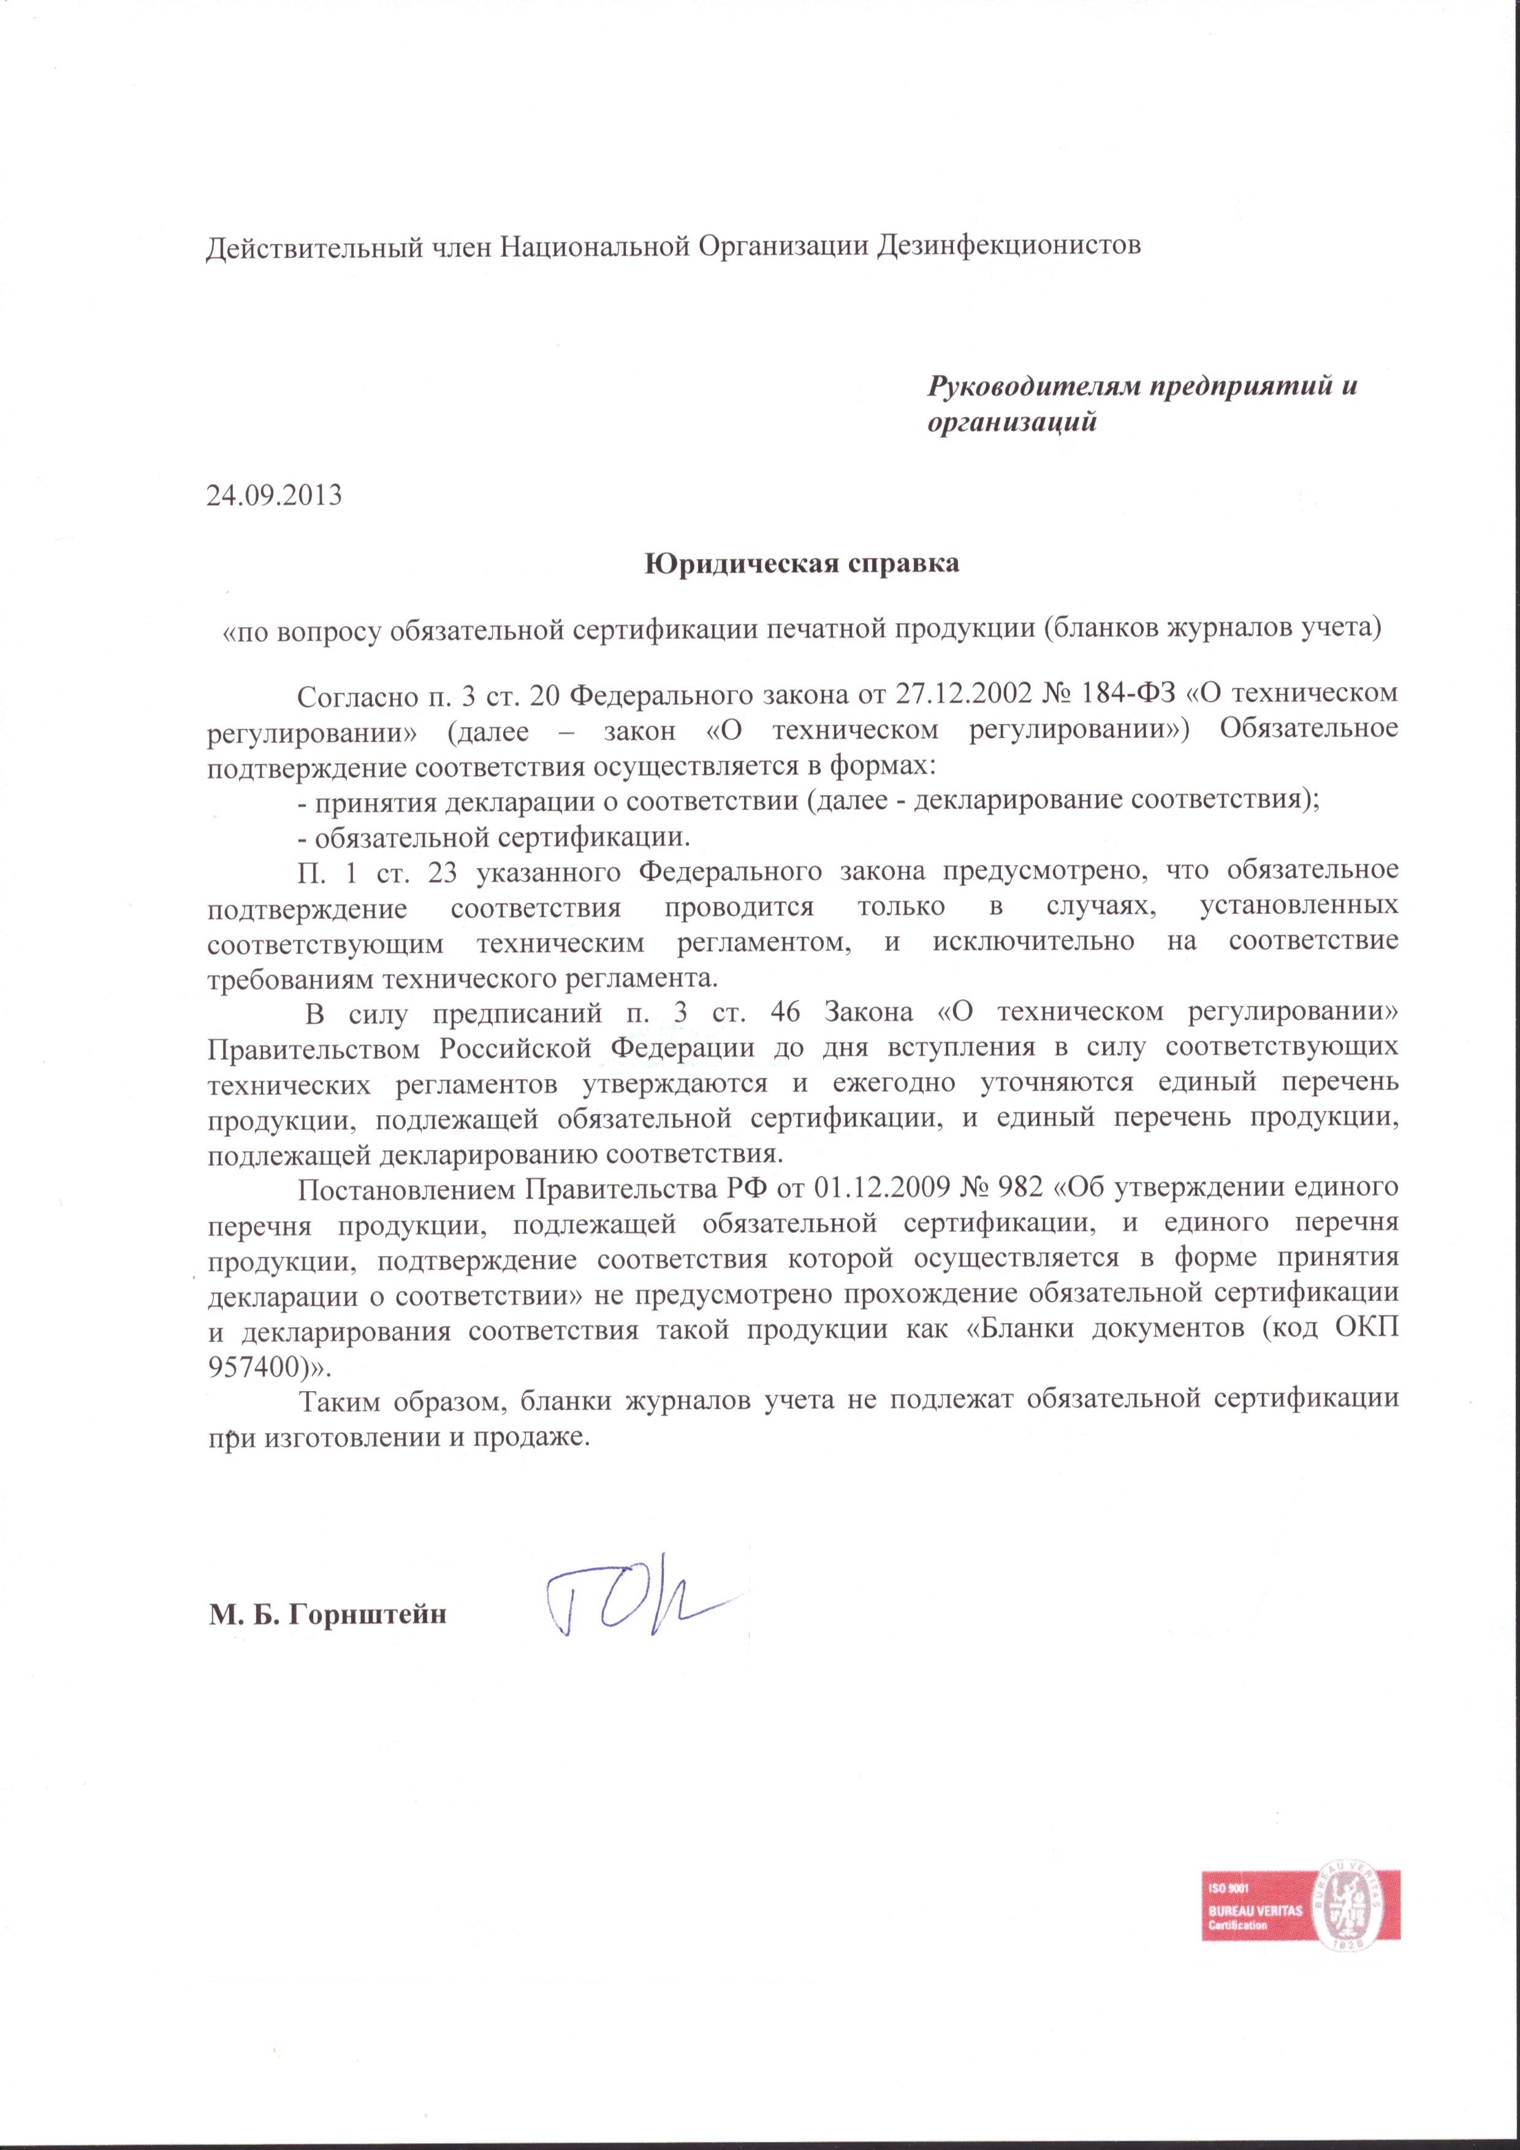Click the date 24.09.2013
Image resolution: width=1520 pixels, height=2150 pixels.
[273, 494]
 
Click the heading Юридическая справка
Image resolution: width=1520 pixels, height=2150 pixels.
[802, 564]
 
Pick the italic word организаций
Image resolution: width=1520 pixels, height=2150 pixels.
[1011, 423]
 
